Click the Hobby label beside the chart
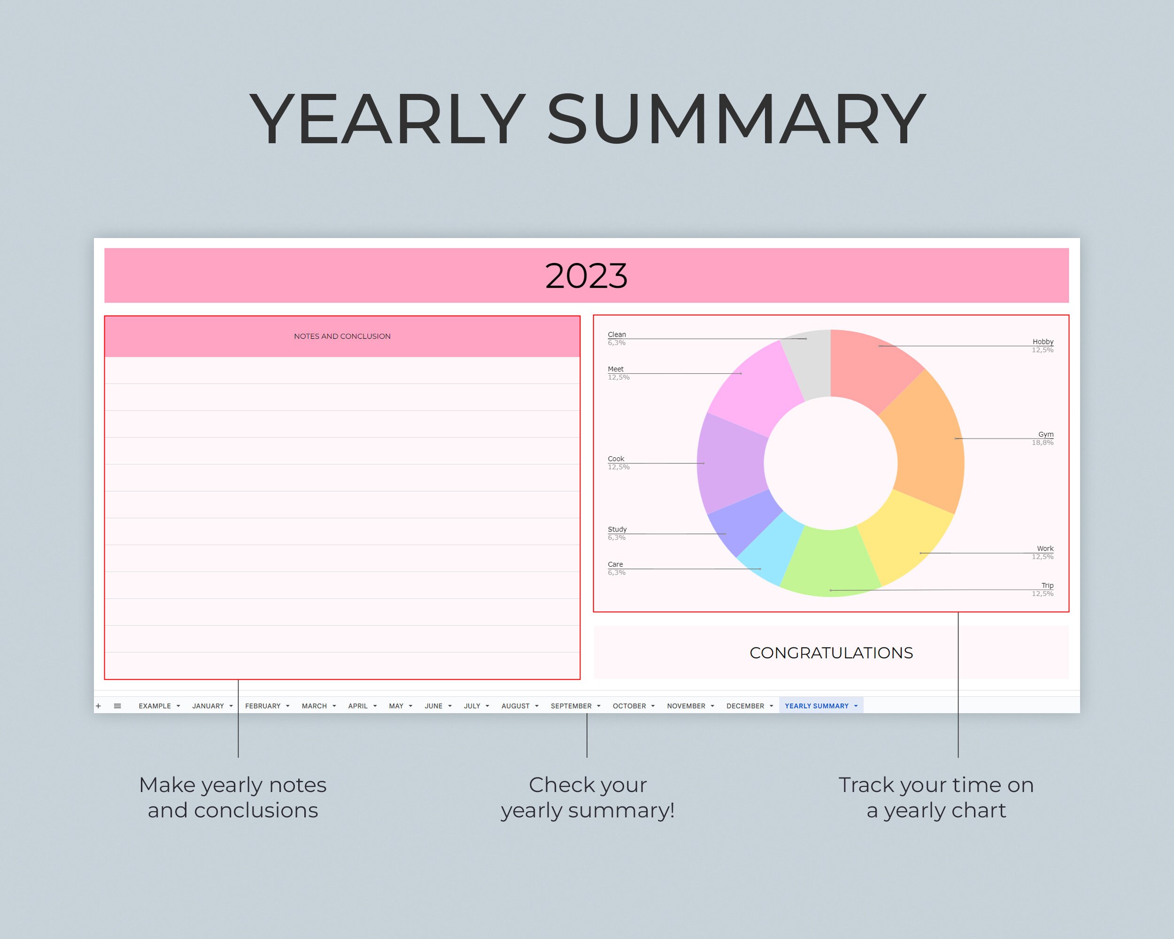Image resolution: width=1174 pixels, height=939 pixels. pyautogui.click(x=1043, y=342)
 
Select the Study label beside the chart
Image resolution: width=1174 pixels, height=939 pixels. pyautogui.click(x=617, y=529)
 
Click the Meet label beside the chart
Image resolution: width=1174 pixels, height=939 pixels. pyautogui.click(x=615, y=369)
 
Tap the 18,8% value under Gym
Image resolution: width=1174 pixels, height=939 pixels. pyautogui.click(x=1042, y=443)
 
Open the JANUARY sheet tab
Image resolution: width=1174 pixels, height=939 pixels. pyautogui.click(x=208, y=706)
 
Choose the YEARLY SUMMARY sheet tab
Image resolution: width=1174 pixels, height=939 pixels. pyautogui.click(x=816, y=706)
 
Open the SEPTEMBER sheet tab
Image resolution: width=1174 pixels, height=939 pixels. pyautogui.click(x=571, y=706)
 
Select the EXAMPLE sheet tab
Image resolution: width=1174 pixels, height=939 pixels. pyautogui.click(x=154, y=706)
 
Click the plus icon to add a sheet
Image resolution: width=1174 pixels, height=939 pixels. pyautogui.click(x=99, y=706)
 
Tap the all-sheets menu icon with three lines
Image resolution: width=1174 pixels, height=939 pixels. pyautogui.click(x=117, y=706)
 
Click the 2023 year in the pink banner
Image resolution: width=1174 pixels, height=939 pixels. pyautogui.click(x=587, y=276)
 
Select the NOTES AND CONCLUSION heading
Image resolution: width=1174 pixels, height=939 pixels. pyautogui.click(x=342, y=337)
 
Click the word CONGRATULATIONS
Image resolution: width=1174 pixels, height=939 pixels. pyautogui.click(x=831, y=653)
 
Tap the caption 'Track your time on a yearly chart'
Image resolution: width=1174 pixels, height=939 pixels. pyautogui.click(x=935, y=798)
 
